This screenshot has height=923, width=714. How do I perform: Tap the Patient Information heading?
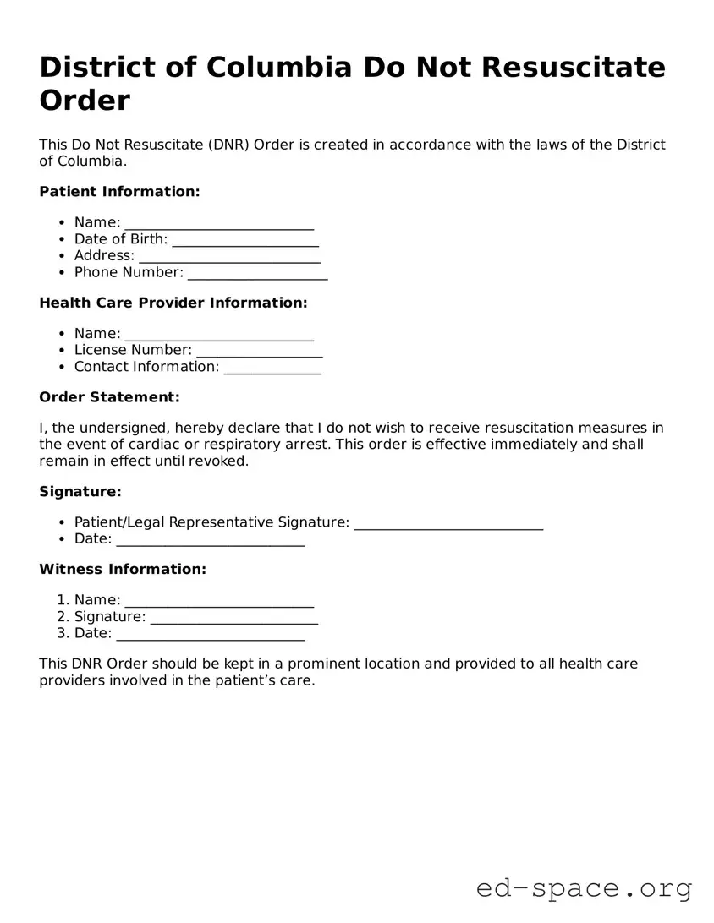[119, 192]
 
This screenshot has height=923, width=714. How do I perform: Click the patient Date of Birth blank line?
[245, 241]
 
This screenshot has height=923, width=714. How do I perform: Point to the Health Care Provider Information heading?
[173, 303]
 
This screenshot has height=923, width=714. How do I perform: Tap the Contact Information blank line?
[272, 369]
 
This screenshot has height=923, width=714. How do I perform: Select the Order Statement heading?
[109, 397]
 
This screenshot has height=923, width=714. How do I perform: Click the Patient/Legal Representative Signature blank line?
[448, 524]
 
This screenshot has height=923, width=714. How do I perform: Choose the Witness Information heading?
[123, 570]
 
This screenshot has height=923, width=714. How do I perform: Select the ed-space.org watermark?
[584, 888]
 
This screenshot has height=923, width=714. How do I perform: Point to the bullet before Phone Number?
[63, 273]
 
